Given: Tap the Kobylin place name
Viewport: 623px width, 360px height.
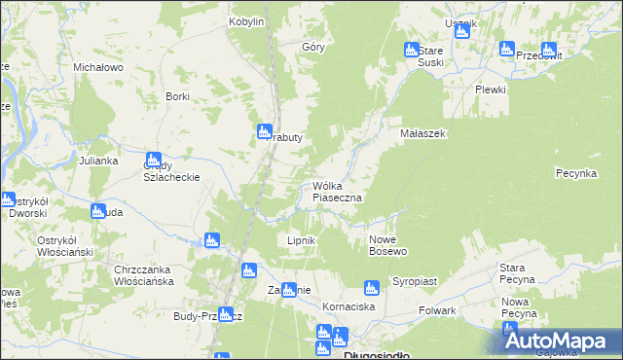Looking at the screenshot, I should tap(246, 21).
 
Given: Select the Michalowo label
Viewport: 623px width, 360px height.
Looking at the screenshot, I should tap(97, 67).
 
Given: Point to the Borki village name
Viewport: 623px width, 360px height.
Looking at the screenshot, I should tap(177, 96).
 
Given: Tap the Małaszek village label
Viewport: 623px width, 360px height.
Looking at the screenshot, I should tap(422, 133).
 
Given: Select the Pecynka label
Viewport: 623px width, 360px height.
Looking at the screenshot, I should tap(575, 172).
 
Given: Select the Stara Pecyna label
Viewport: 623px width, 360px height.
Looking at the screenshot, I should tap(517, 273).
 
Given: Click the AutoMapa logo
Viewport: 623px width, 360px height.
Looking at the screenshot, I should tap(559, 340).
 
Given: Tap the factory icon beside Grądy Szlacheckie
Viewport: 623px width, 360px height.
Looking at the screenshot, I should tap(153, 161).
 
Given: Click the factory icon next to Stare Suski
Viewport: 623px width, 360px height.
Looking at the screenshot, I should tap(411, 51).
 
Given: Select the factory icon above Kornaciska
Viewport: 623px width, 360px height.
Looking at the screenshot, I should tap(370, 288).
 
